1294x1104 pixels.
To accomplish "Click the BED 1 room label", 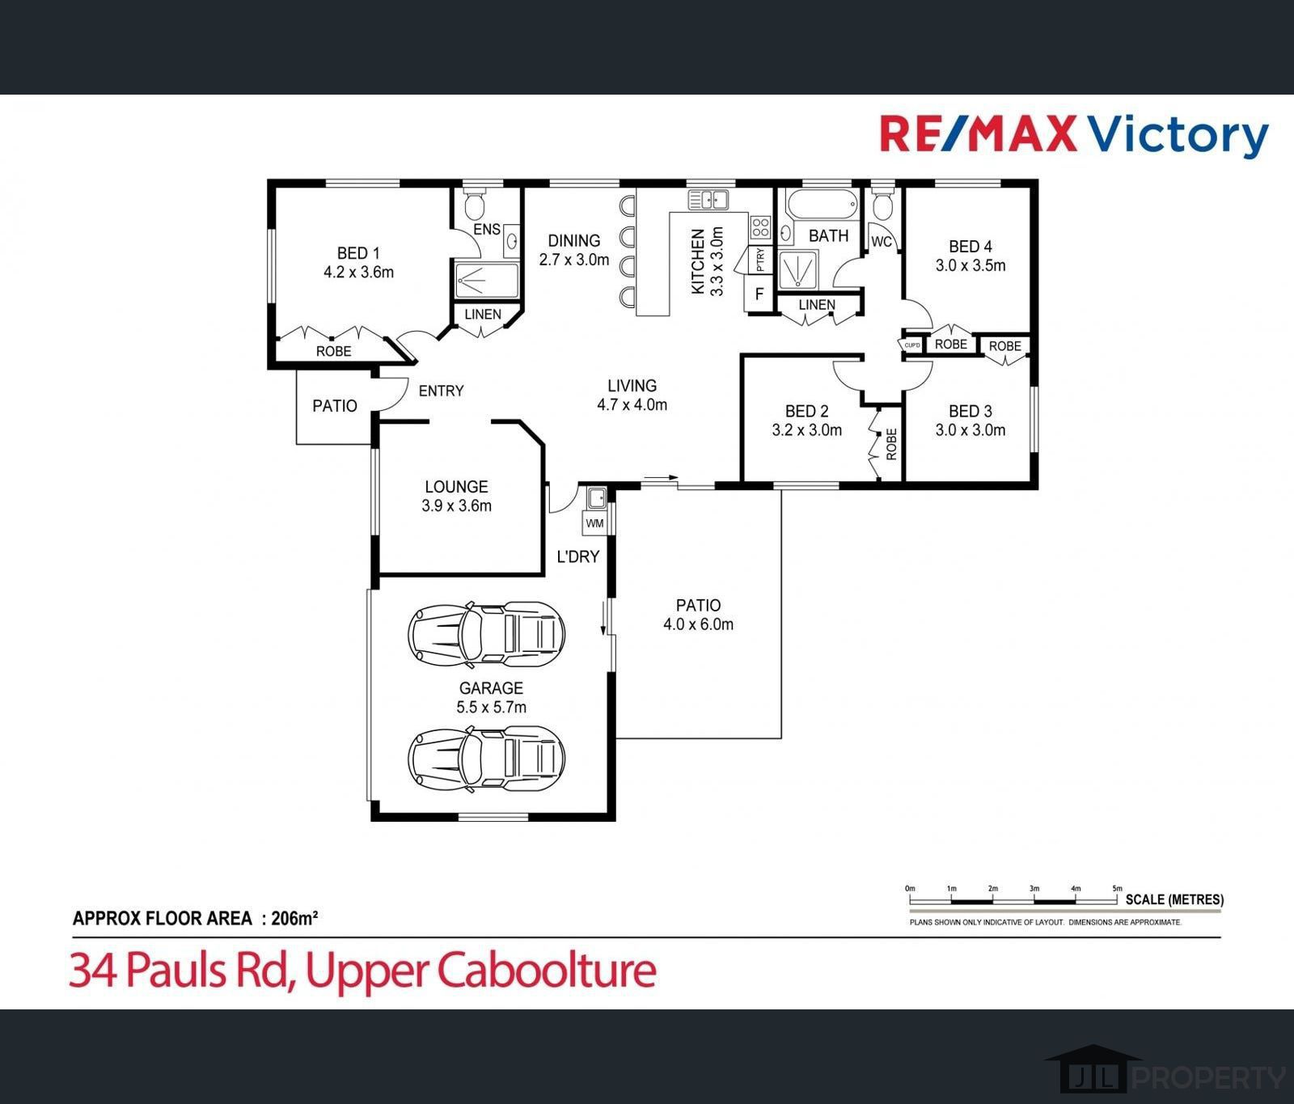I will pos(358,252).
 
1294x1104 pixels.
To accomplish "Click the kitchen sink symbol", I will pos(708,199).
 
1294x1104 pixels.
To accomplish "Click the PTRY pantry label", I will pos(759,260).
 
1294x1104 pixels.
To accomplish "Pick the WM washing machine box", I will pos(595,523).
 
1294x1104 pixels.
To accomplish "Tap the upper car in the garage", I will pos(486,635).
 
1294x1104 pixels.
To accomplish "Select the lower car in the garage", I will pos(486,758).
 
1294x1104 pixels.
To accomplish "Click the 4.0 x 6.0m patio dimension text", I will pos(698,624).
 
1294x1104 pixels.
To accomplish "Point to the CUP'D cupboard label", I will pos(912,345).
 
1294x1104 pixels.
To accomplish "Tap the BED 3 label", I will pos(970,411).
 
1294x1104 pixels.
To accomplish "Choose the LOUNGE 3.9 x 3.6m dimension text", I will pos(456,506).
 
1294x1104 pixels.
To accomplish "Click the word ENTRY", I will pos(441,391).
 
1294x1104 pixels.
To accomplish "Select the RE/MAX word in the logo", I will pos(978,135).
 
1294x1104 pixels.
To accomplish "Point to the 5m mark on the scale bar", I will pos(1118,889).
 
